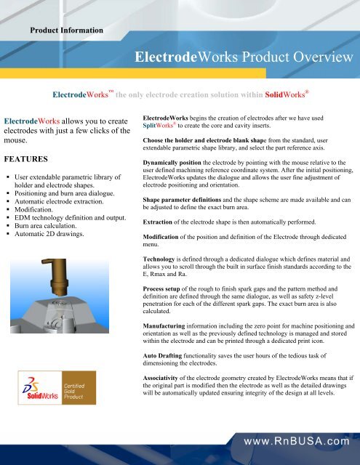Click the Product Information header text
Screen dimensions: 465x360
pyautogui.click(x=66, y=30)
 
